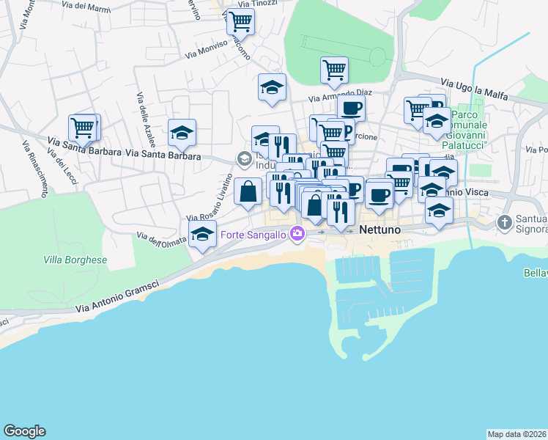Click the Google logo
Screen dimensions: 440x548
(x=24, y=431)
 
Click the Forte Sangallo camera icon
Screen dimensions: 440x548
(x=297, y=235)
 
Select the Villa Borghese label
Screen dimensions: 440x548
(x=75, y=260)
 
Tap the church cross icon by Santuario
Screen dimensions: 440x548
(x=504, y=221)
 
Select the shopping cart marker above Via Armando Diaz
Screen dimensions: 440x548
(x=334, y=70)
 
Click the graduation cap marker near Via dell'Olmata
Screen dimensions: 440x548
(x=202, y=236)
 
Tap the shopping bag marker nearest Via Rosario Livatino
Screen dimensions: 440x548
(x=248, y=191)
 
